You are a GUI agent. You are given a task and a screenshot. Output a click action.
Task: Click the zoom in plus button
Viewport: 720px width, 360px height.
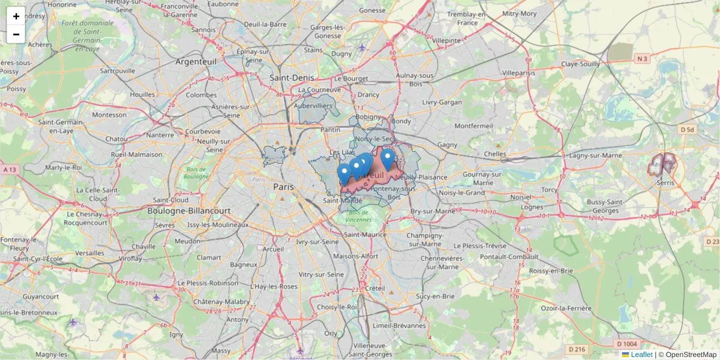[16, 16]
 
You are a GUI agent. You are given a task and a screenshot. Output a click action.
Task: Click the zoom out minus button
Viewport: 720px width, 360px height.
[16, 34]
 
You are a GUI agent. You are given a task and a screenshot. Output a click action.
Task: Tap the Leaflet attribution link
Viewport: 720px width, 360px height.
[641, 355]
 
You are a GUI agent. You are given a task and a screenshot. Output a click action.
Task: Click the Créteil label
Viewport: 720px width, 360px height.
[375, 288]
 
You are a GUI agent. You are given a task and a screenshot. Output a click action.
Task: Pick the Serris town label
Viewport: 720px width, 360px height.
[665, 182]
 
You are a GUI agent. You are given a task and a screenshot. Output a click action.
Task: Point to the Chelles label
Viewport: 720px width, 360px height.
[495, 154]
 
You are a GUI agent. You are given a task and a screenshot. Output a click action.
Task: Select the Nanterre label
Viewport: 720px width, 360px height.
[160, 135]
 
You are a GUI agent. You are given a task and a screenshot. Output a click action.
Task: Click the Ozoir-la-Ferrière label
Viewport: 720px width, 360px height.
[566, 308]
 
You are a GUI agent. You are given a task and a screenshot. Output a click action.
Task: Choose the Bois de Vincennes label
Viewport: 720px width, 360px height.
[359, 216]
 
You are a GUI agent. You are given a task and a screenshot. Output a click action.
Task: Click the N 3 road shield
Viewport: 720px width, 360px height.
[642, 58]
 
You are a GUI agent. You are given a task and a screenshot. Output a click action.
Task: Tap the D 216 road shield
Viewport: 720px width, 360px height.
[577, 349]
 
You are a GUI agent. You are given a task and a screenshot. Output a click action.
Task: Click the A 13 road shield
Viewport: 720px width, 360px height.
[10, 170]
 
